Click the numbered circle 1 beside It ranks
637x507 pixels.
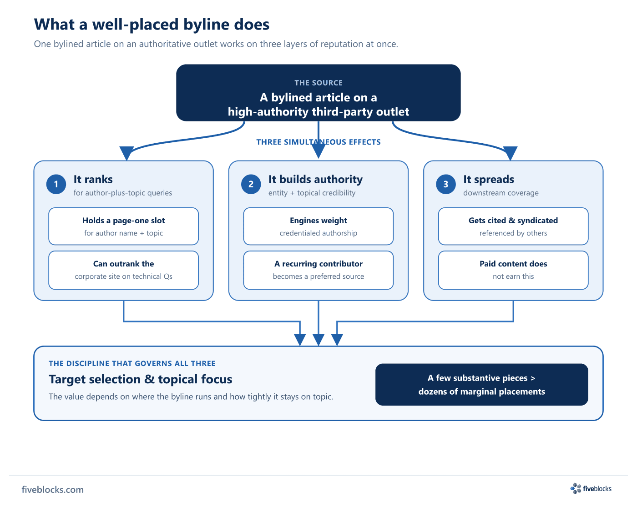click(56, 184)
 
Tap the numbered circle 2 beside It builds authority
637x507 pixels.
click(251, 184)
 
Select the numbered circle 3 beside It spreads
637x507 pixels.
click(445, 184)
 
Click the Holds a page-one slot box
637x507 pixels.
click(123, 226)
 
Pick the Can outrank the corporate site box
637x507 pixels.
click(123, 270)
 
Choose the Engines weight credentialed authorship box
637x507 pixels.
click(318, 226)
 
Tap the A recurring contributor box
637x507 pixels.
click(318, 270)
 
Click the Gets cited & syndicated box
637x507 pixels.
click(513, 226)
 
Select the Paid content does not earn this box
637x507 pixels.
click(513, 270)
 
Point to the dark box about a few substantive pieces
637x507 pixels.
click(481, 384)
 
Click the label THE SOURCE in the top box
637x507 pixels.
click(318, 83)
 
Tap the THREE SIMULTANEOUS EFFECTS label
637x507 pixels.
click(318, 142)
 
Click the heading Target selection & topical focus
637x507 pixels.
click(140, 379)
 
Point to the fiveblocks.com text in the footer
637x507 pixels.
click(53, 490)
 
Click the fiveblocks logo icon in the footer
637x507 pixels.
click(576, 488)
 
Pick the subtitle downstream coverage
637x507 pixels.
click(501, 193)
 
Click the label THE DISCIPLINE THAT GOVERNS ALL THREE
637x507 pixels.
click(132, 363)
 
